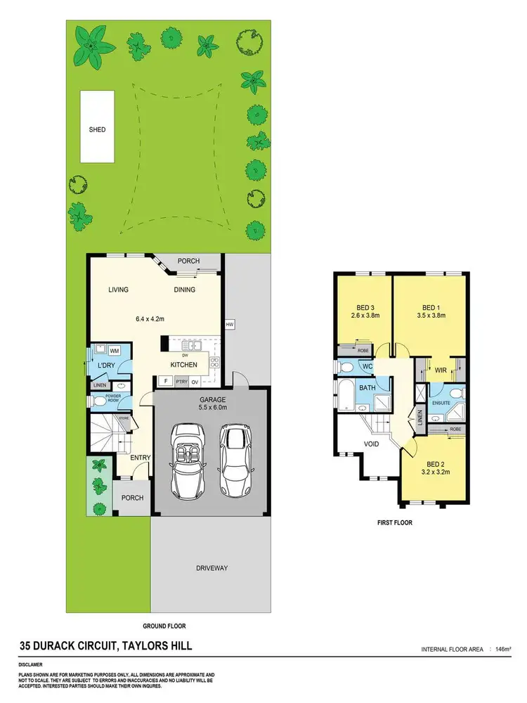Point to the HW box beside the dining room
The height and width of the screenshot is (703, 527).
click(x=229, y=324)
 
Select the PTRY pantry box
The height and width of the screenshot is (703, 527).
click(x=181, y=382)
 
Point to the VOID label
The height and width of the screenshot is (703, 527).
click(x=372, y=444)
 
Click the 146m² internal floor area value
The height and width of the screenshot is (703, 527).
click(x=502, y=648)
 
